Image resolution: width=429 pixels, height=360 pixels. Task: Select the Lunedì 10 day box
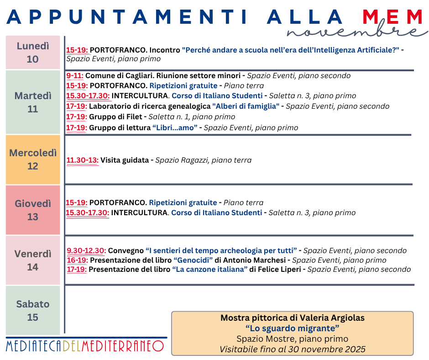coord(33,53)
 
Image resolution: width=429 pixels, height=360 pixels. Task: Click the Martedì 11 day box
coord(33,102)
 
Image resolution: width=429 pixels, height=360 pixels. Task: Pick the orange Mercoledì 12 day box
coord(33,159)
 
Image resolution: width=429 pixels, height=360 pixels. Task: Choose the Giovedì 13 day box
coord(33,210)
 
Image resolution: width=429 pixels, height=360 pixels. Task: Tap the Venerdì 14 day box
coord(33,260)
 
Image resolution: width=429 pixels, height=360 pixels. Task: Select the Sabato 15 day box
coord(33,310)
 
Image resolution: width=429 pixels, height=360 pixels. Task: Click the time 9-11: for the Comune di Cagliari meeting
coord(75,76)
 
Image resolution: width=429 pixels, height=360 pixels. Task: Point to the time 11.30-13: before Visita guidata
coord(83,160)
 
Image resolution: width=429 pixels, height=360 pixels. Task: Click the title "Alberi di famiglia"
coord(246,106)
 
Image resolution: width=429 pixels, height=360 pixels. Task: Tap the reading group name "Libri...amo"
coord(175,128)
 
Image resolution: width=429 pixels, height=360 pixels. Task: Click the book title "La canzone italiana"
coord(210,270)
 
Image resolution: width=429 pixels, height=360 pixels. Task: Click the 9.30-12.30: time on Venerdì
coord(87,251)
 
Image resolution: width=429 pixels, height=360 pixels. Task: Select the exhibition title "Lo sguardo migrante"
coord(292,328)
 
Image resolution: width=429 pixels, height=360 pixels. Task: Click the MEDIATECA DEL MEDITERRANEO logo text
coord(85,346)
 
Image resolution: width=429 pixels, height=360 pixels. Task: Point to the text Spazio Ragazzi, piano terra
coord(204,160)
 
